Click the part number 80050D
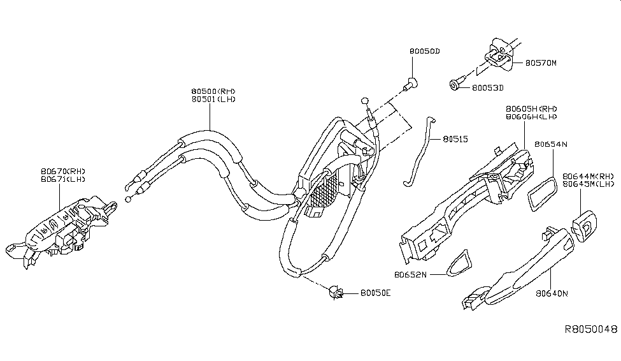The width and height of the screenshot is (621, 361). tap(425, 50)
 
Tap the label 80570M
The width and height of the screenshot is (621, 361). tap(541, 63)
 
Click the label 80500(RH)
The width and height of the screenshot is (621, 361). tap(213, 91)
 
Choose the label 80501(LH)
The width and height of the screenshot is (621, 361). tap(213, 99)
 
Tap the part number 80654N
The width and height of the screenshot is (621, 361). tap(551, 144)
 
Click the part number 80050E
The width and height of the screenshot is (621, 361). tap(375, 293)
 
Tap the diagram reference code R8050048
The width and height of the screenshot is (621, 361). tap(591, 330)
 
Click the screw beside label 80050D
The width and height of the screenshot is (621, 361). tap(411, 82)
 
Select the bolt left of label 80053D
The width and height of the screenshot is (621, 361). tap(456, 85)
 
